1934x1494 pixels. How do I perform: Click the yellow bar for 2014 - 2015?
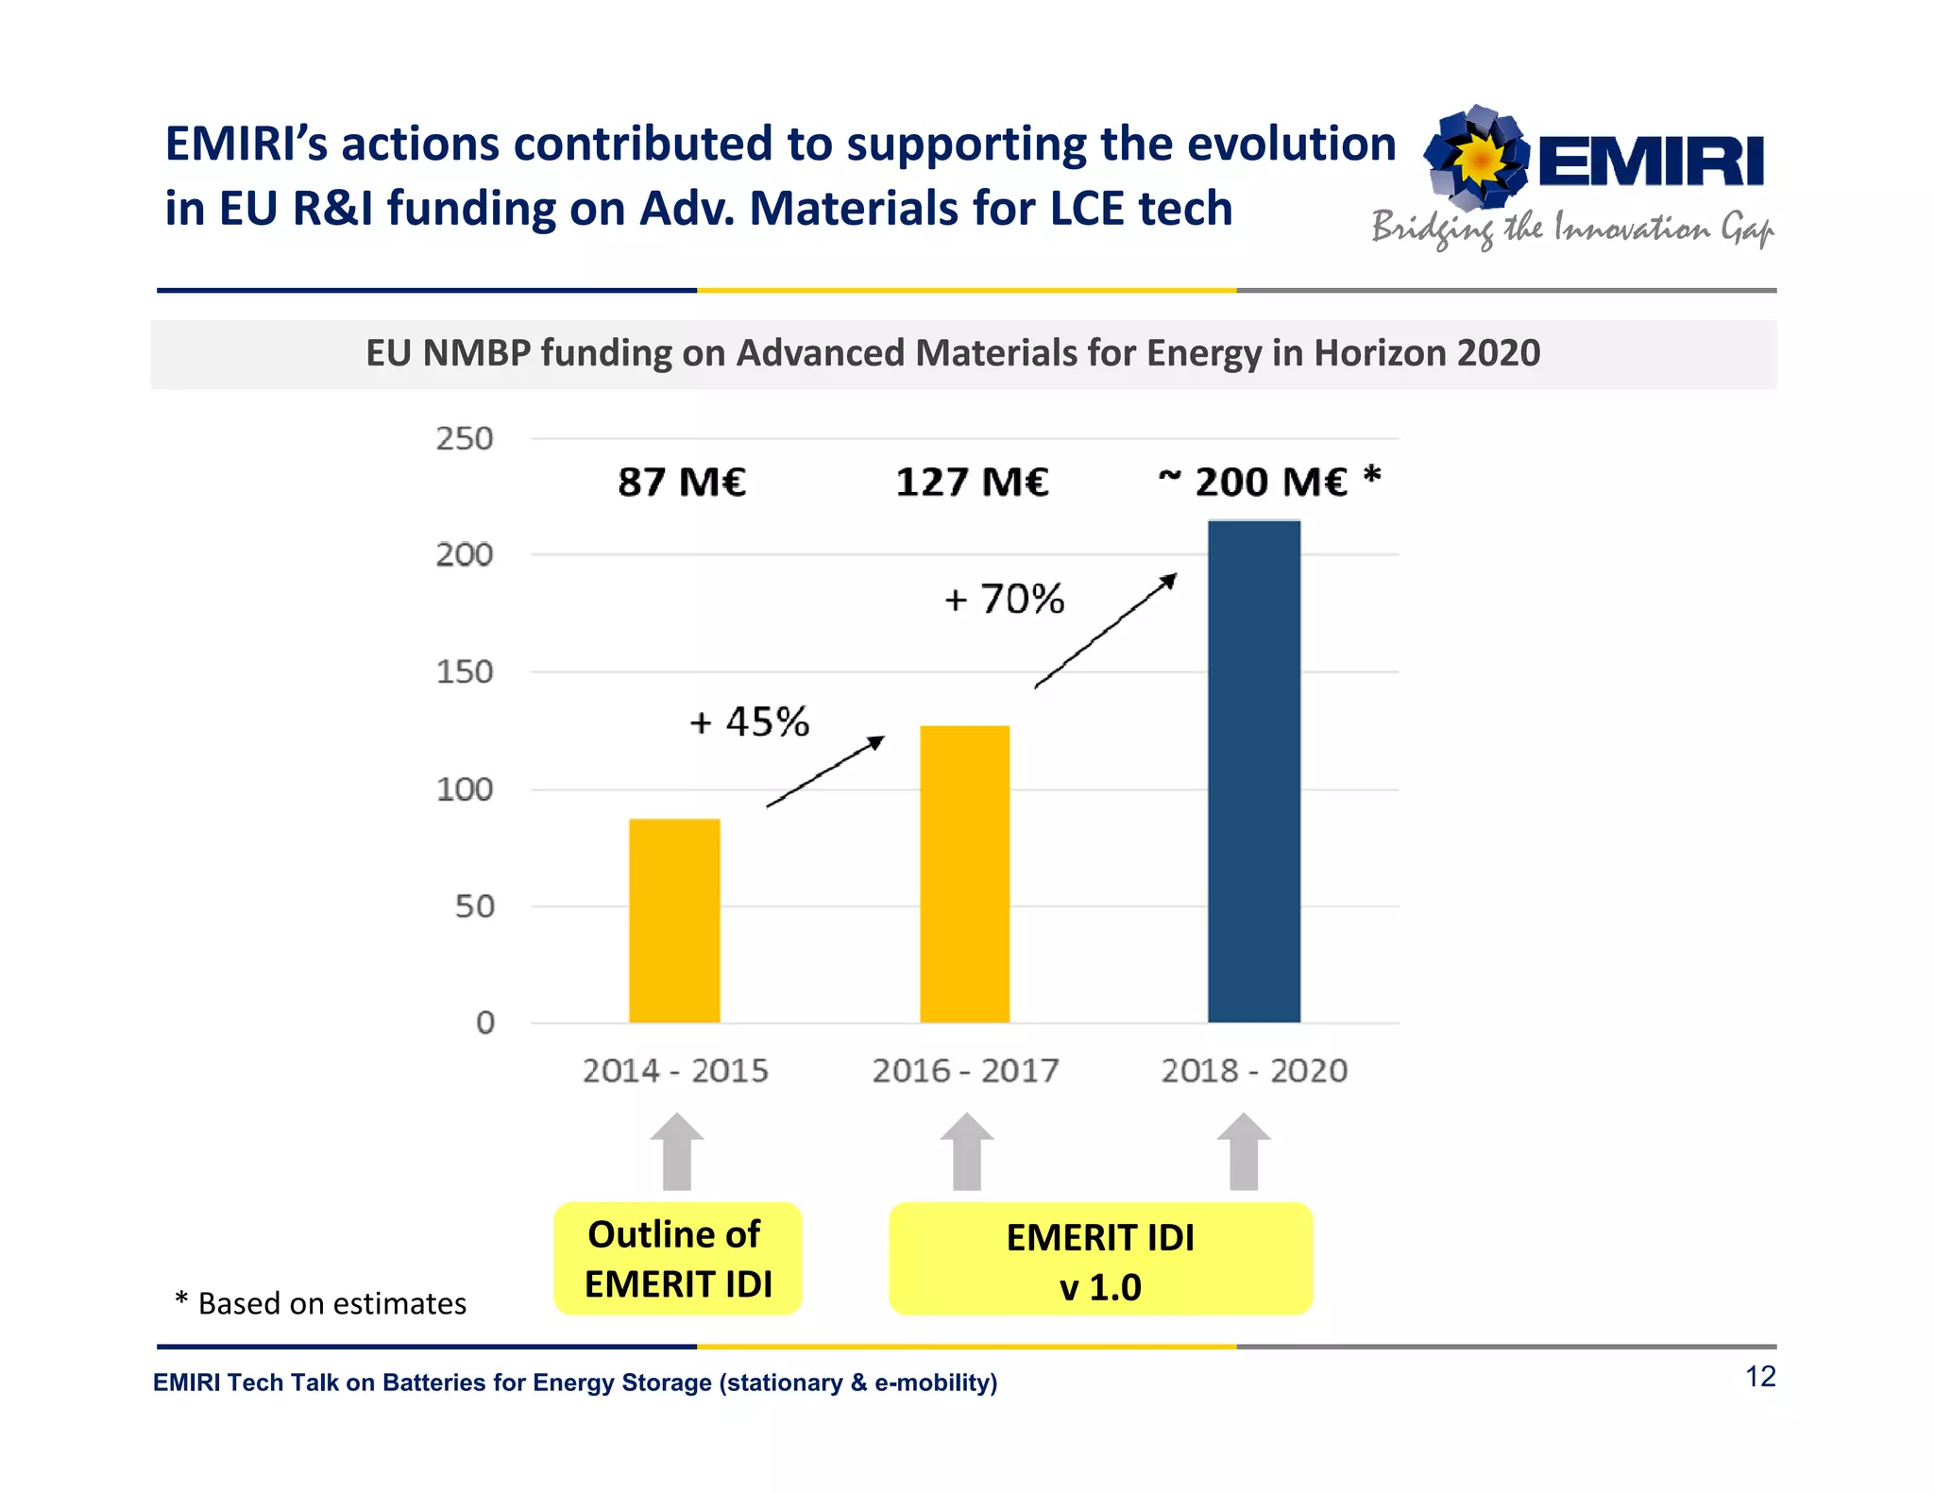674,921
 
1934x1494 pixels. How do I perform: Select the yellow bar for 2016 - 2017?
964,874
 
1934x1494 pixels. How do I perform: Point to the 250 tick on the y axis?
464,439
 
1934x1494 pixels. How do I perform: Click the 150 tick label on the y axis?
464,672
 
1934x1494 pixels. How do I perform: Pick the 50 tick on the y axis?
474,907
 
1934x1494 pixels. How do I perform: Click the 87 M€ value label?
682,483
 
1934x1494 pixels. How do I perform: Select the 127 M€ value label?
972,483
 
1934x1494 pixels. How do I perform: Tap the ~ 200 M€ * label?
1269,481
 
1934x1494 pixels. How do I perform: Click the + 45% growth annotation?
749,722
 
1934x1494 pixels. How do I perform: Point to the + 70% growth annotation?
1004,600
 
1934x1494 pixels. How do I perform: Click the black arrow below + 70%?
1105,631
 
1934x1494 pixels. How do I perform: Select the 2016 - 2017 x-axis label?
964,1071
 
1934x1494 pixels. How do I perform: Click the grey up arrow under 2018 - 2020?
1244,1152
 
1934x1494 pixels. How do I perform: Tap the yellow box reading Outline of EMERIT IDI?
677,1259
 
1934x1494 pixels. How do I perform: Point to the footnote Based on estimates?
321,1303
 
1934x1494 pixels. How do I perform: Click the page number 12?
1760,1377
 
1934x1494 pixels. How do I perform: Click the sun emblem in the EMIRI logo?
1478,158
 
